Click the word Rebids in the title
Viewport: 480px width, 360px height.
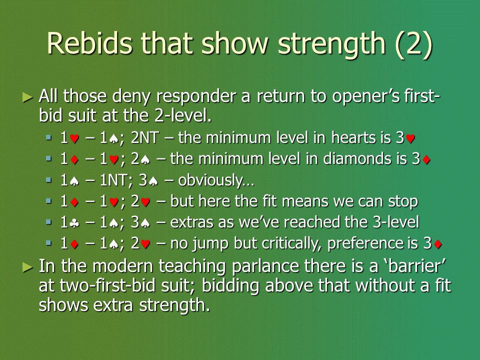tap(89, 43)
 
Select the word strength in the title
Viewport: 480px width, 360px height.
tap(331, 45)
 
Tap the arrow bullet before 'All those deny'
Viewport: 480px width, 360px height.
tap(28, 97)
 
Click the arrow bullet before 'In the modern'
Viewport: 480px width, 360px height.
tap(28, 267)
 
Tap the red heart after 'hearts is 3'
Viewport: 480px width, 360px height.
tap(410, 139)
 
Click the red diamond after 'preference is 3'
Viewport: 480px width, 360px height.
tap(438, 244)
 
